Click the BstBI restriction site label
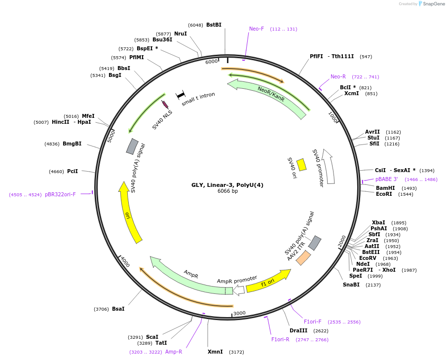[x=214, y=25]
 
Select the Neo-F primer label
[x=257, y=29]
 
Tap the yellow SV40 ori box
[x=301, y=165]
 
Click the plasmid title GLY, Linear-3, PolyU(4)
[x=227, y=185]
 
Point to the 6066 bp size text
[x=227, y=191]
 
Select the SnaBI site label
[x=351, y=285]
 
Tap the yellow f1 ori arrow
[x=268, y=282]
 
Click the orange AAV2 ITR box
[x=303, y=258]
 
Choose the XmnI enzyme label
[x=215, y=352]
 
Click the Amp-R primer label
[x=174, y=352]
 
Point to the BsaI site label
[x=118, y=309]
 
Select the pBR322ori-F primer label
[x=60, y=194]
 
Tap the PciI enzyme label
[x=73, y=171]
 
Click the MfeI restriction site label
[x=88, y=116]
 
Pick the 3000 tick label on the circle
[x=239, y=313]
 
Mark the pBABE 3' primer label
[x=386, y=179]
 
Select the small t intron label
[x=198, y=99]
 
